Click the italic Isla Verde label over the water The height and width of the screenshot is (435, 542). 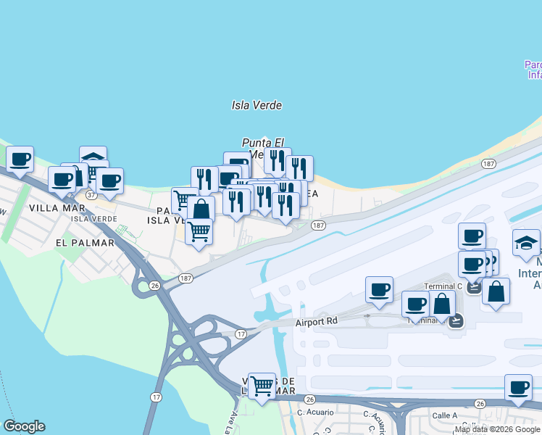[257, 105]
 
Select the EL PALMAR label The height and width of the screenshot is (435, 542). [84, 243]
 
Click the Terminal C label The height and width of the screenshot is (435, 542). [443, 286]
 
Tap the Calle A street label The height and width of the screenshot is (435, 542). [445, 415]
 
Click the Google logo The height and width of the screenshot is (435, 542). [24, 426]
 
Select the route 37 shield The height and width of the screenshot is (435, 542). [91, 195]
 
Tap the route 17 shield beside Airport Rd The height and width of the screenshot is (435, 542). [241, 333]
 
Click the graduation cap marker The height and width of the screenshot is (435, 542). [526, 242]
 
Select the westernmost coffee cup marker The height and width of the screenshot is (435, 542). [20, 158]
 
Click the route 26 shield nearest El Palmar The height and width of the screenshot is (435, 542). [154, 286]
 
